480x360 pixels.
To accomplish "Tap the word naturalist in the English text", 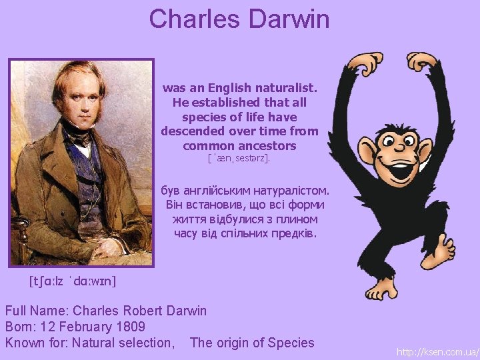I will (x=283, y=88).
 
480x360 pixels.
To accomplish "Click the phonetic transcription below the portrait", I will (x=73, y=281).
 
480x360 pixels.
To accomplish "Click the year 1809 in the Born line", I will (x=131, y=327).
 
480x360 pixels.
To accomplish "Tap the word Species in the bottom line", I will (x=291, y=343).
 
